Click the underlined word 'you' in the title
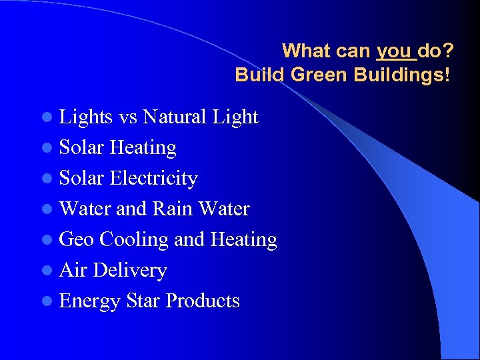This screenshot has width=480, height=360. tap(393, 51)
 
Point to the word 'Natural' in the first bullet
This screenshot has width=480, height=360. tap(174, 117)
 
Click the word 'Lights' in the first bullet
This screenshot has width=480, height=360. tap(86, 117)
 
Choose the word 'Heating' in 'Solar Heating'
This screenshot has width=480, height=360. tap(143, 147)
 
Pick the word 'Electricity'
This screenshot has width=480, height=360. tap(153, 178)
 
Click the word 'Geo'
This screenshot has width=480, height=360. tap(76, 239)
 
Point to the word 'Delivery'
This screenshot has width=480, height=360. tap(130, 270)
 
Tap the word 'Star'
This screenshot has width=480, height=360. tap(143, 301)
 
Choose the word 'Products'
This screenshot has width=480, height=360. tap(203, 301)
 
